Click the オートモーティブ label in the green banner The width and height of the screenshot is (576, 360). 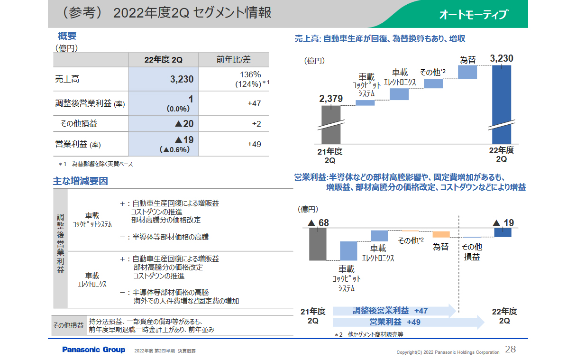473,15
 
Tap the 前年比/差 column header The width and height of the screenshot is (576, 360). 233,59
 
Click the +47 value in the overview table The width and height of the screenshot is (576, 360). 254,103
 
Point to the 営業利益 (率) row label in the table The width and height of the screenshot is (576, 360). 78,144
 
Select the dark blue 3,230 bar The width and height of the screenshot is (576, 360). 502,104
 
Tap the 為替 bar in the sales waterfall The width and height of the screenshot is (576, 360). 467,72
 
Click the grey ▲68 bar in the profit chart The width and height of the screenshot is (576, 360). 317,244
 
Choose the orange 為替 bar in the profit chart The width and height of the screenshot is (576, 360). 441,234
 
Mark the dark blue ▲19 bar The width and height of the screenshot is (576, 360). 503,232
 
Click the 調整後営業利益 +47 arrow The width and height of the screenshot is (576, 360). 393,311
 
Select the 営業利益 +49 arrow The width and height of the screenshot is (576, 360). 408,322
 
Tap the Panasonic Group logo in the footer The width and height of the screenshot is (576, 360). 94,350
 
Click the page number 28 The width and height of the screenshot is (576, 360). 511,350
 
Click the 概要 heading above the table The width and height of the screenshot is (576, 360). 67,36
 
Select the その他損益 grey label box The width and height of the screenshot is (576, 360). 68,325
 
